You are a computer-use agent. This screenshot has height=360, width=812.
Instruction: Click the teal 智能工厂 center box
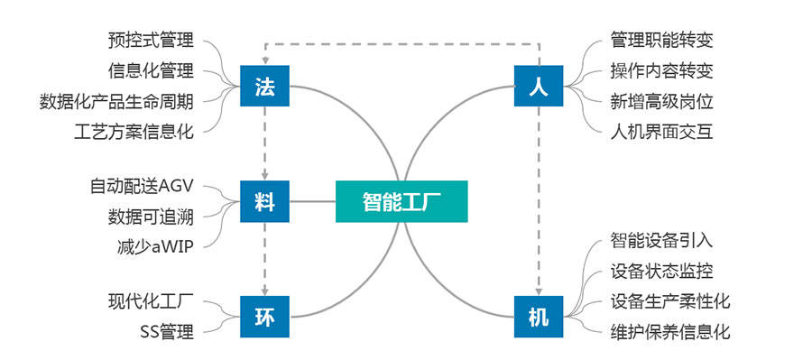[402, 201]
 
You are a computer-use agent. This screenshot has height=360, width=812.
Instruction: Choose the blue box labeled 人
[538, 88]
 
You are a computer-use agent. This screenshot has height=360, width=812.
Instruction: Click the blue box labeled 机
[538, 316]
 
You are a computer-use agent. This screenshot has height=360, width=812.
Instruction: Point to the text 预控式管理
[151, 41]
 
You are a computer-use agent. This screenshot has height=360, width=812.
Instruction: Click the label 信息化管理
[151, 69]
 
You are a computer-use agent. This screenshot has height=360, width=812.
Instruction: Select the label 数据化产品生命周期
[117, 99]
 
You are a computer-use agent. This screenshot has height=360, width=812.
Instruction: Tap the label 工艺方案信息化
[134, 129]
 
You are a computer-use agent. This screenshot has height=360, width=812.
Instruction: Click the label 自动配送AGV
[143, 187]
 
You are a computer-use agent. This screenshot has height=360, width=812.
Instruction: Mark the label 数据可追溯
[151, 216]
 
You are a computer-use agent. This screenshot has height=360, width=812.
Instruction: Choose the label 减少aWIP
[155, 245]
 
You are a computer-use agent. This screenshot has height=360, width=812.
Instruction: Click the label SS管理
[167, 331]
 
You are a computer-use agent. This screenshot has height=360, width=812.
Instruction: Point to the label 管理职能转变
[661, 41]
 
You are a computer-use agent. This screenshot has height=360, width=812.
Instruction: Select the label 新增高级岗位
[661, 100]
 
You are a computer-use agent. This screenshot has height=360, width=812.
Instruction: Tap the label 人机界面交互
[661, 131]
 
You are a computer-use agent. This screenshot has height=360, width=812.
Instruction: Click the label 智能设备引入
[661, 241]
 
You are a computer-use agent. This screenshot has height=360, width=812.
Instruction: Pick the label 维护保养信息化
[669, 331]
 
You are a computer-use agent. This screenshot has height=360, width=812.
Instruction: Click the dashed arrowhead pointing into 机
[539, 291]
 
